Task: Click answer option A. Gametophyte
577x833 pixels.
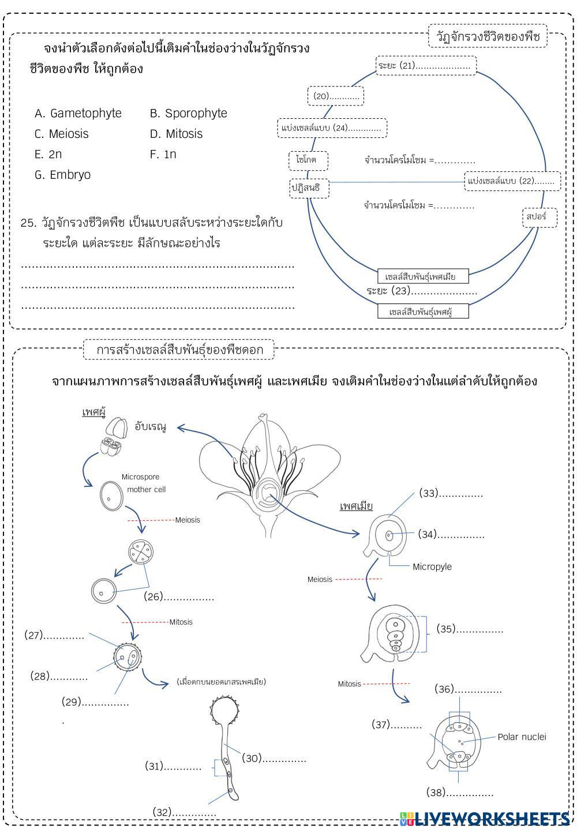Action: (x=78, y=114)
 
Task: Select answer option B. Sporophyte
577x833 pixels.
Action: (x=189, y=114)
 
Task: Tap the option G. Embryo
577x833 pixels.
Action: (x=63, y=175)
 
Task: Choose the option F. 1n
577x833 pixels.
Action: (x=163, y=155)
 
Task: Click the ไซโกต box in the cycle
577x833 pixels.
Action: (x=308, y=160)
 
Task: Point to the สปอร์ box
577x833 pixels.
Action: (x=540, y=217)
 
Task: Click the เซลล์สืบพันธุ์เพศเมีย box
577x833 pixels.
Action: (x=422, y=277)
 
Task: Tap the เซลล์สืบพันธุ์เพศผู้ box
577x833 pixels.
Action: (x=422, y=312)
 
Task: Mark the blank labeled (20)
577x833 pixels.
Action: (x=336, y=96)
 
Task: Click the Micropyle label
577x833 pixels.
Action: (x=432, y=566)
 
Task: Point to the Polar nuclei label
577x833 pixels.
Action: (x=522, y=737)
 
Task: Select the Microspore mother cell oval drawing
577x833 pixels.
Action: (x=111, y=495)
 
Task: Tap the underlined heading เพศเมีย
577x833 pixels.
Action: (x=356, y=506)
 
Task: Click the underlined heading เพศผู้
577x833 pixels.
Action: (x=93, y=413)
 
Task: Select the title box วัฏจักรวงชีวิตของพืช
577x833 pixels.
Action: (x=488, y=37)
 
